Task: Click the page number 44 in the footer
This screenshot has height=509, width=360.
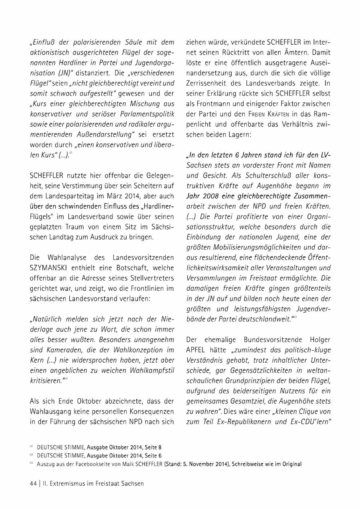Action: tap(33, 483)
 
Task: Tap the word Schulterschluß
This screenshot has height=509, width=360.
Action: tap(257, 176)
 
